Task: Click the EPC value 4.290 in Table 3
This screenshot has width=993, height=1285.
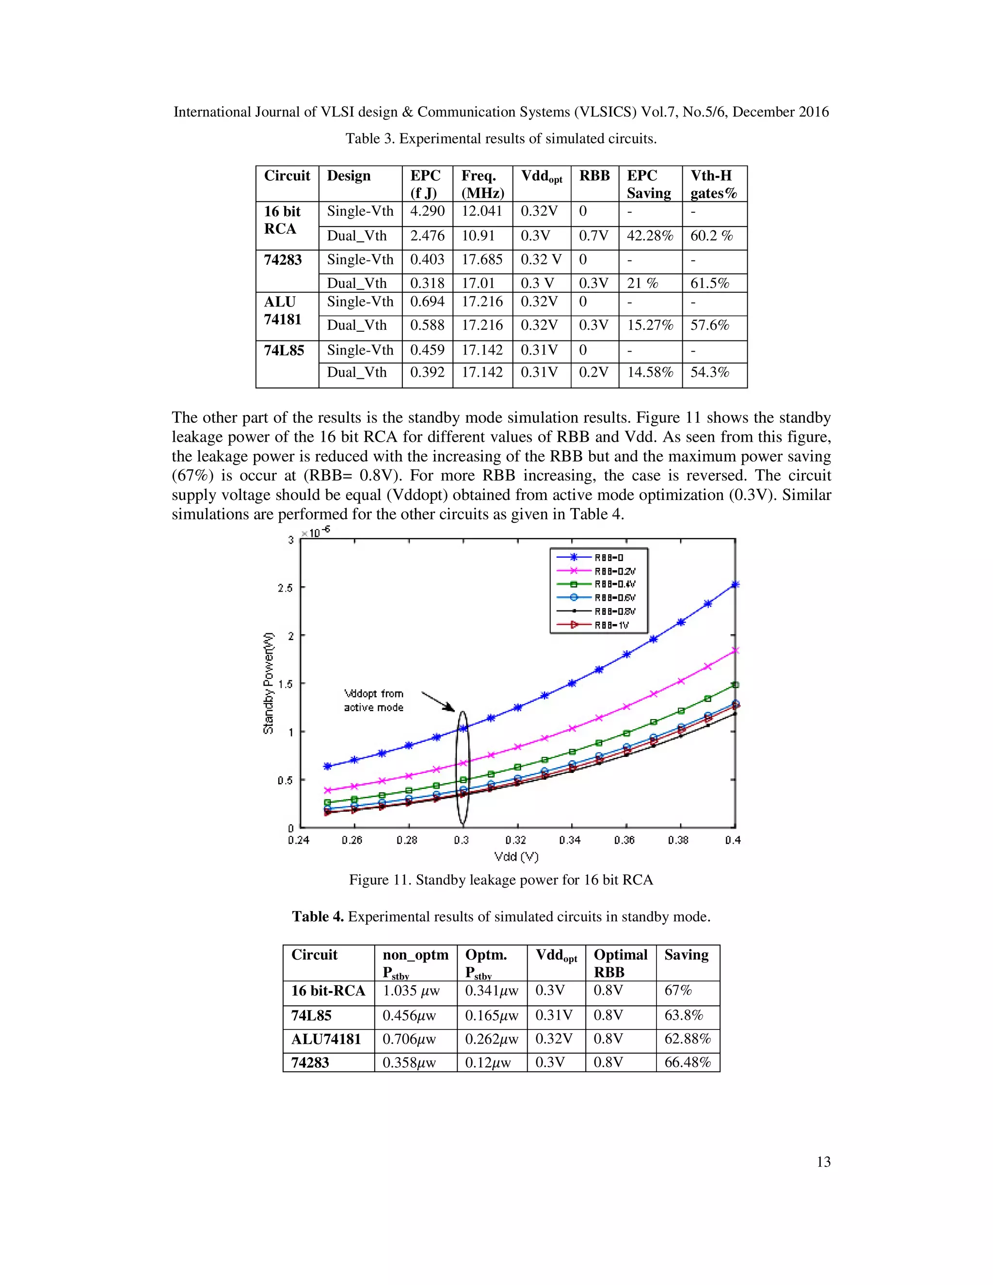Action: pos(427,211)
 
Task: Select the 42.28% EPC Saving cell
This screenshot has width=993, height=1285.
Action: pos(649,236)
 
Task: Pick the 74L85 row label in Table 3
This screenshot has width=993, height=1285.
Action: pos(284,351)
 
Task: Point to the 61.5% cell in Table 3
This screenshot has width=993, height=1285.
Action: pos(709,284)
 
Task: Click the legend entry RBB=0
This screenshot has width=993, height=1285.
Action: pos(609,557)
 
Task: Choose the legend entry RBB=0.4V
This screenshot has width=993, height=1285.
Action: pos(614,584)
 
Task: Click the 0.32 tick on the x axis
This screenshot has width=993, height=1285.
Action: pos(516,840)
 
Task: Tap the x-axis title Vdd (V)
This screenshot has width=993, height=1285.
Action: pos(516,857)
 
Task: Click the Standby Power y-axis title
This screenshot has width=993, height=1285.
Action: pos(268,683)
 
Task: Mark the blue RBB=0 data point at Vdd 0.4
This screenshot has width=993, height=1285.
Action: pos(735,584)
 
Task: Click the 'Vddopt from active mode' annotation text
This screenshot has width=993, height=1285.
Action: pos(373,701)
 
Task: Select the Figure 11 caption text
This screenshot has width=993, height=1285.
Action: pos(500,880)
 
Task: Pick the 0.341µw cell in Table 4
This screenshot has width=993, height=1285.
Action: pos(491,991)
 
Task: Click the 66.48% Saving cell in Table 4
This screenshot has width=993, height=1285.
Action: pos(687,1062)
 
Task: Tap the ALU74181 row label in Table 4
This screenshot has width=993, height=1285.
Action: pos(326,1039)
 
